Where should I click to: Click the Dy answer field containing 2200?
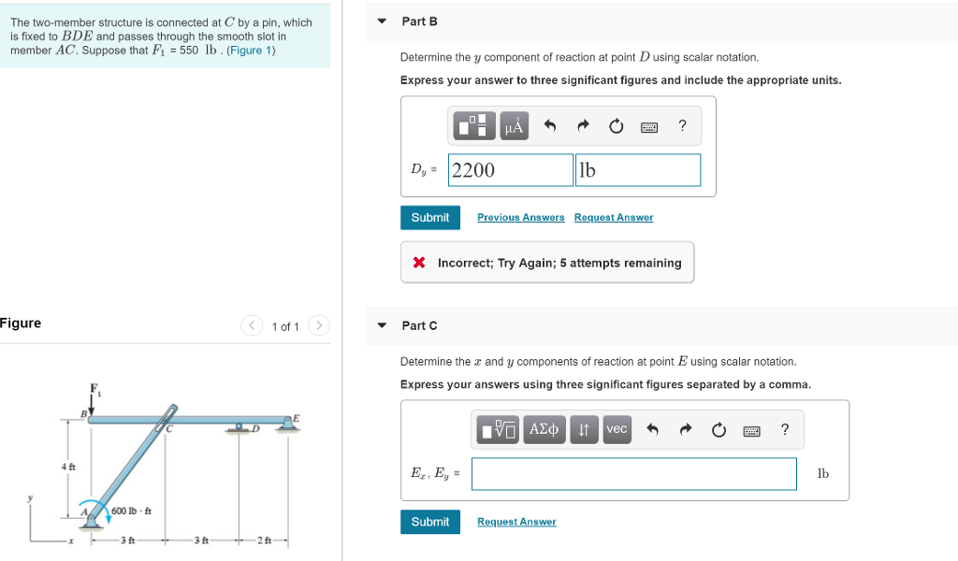pyautogui.click(x=510, y=170)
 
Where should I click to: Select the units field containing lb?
pyautogui.click(x=637, y=170)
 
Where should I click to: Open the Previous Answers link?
pyautogui.click(x=520, y=217)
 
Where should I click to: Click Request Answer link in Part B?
pyautogui.click(x=614, y=217)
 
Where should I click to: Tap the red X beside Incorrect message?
pyautogui.click(x=420, y=263)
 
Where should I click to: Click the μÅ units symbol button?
pyautogui.click(x=514, y=125)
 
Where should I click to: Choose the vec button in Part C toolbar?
pyautogui.click(x=617, y=429)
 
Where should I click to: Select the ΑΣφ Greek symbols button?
pyautogui.click(x=544, y=429)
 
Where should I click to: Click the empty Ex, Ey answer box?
pyautogui.click(x=633, y=473)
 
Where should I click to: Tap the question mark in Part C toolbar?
pyautogui.click(x=785, y=429)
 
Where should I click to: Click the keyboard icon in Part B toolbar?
pyautogui.click(x=648, y=126)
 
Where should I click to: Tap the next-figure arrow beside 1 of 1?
pyautogui.click(x=319, y=325)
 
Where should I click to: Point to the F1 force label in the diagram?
pyautogui.click(x=94, y=388)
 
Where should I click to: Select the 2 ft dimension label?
pyautogui.click(x=265, y=540)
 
